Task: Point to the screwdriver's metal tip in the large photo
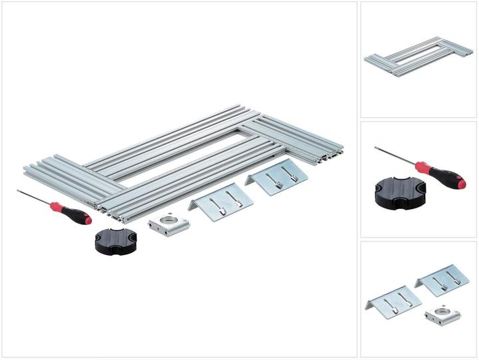(x=19, y=192)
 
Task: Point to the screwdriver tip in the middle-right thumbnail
(x=377, y=148)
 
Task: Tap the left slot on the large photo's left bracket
(x=212, y=200)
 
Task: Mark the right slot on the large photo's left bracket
(x=231, y=198)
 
